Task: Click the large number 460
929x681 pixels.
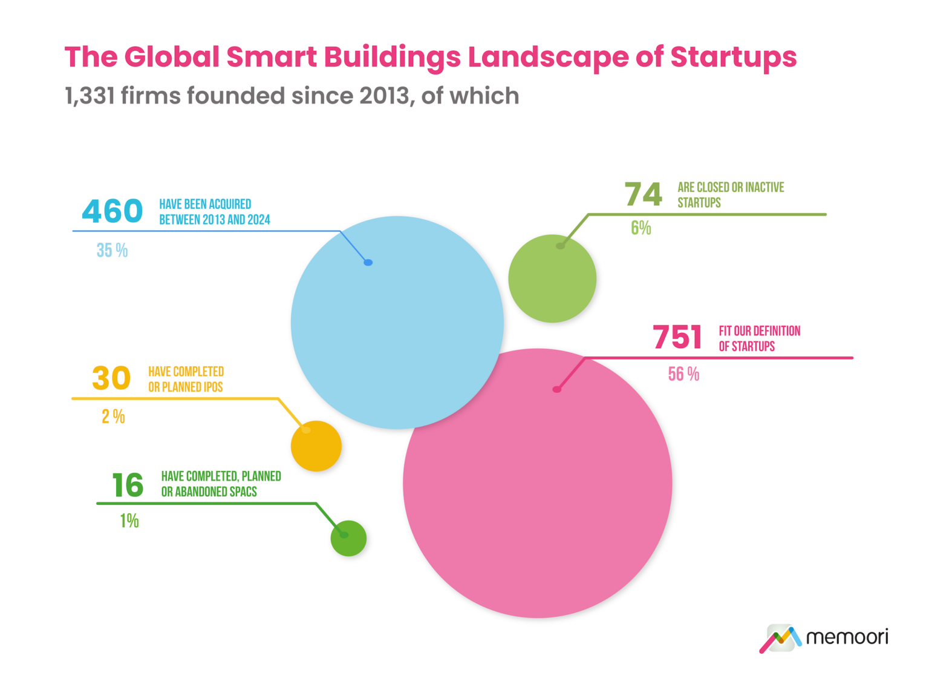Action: [x=112, y=211]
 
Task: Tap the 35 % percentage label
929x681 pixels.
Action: [x=112, y=251]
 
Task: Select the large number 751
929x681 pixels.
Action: [x=677, y=338]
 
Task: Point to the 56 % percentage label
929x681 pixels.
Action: [x=683, y=375]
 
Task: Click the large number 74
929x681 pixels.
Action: [x=643, y=195]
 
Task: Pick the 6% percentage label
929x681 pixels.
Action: [x=641, y=228]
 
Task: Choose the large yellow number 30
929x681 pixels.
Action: [x=111, y=378]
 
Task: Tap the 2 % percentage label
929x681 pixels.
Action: [x=113, y=417]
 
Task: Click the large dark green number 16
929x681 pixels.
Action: [x=128, y=485]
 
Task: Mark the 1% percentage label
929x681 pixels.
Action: [x=129, y=521]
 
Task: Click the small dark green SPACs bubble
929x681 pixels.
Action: [x=348, y=538]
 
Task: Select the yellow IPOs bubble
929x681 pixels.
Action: [x=316, y=446]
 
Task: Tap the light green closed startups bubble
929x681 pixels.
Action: [x=552, y=278]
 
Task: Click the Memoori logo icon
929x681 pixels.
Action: [x=780, y=638]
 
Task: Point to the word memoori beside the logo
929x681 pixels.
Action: [x=847, y=637]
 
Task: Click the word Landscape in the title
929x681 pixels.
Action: [x=548, y=58]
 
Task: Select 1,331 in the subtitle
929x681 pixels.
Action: [x=90, y=96]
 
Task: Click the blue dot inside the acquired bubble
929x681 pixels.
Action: [x=368, y=262]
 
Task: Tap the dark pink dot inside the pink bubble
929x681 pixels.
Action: [x=556, y=389]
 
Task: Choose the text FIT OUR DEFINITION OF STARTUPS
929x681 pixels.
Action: [x=759, y=338]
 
